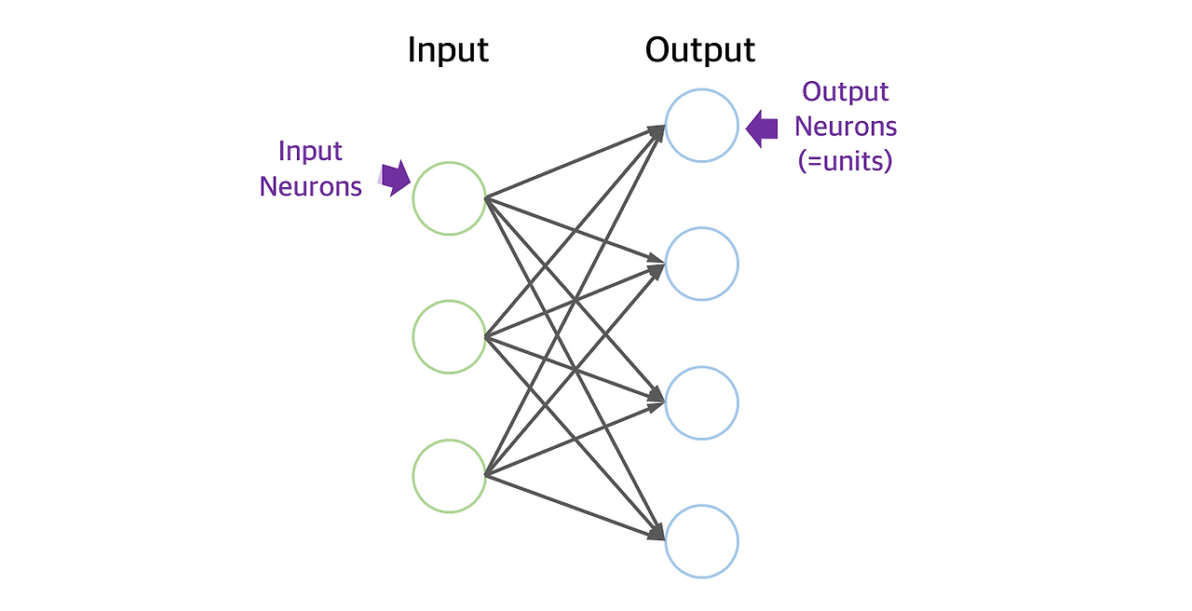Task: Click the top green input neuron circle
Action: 450,197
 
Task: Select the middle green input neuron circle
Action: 450,336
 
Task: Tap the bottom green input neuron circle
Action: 450,476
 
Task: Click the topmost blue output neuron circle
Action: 701,126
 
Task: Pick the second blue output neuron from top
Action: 701,264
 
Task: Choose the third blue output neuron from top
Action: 701,402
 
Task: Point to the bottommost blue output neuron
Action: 701,541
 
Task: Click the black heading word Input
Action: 448,50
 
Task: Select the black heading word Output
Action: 700,50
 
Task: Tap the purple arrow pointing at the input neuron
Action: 396,177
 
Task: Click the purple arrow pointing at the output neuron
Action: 762,129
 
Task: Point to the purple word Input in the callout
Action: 310,151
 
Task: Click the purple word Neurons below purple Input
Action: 310,186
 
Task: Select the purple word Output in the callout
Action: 846,91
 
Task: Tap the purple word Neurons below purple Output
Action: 846,126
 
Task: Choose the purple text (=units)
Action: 846,161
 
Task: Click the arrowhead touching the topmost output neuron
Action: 657,130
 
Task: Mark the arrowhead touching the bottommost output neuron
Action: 656,534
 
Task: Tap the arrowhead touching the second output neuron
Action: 656,266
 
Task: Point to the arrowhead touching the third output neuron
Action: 656,401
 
